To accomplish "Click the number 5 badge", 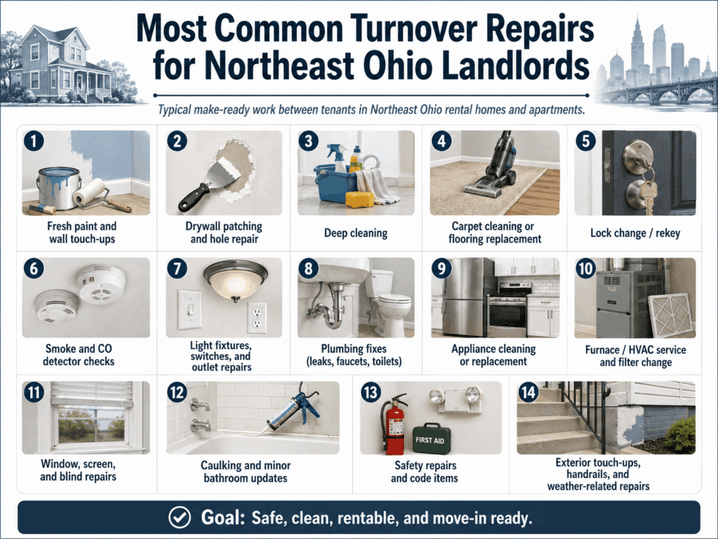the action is tap(586, 141).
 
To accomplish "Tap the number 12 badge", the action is tap(177, 392).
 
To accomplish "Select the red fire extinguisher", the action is tap(393, 424).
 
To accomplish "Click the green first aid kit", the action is tap(431, 439).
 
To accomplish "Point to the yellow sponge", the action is tap(360, 199).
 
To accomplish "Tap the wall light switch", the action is tap(189, 310).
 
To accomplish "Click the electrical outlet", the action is tap(257, 318).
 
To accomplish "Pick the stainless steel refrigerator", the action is tap(463, 297).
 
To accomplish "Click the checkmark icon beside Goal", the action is tap(179, 517).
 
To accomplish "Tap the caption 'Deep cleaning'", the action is tap(355, 233).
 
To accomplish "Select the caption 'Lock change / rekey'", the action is tap(635, 233).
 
